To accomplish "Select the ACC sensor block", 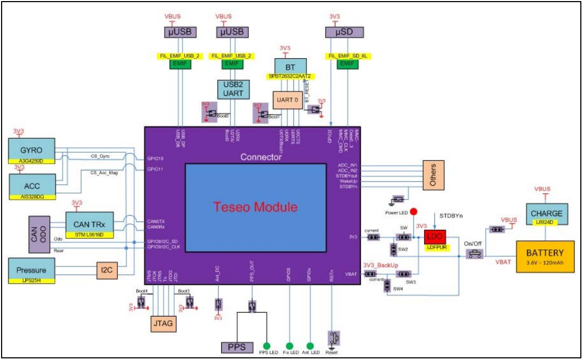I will [x=31, y=186].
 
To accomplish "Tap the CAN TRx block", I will [x=89, y=223].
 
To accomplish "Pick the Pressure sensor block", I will [x=31, y=270].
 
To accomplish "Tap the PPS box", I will [x=237, y=347].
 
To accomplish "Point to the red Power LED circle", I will [x=414, y=211].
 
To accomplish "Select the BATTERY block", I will [x=545, y=255].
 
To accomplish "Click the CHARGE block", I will [x=546, y=213].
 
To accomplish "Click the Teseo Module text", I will [x=256, y=207].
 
